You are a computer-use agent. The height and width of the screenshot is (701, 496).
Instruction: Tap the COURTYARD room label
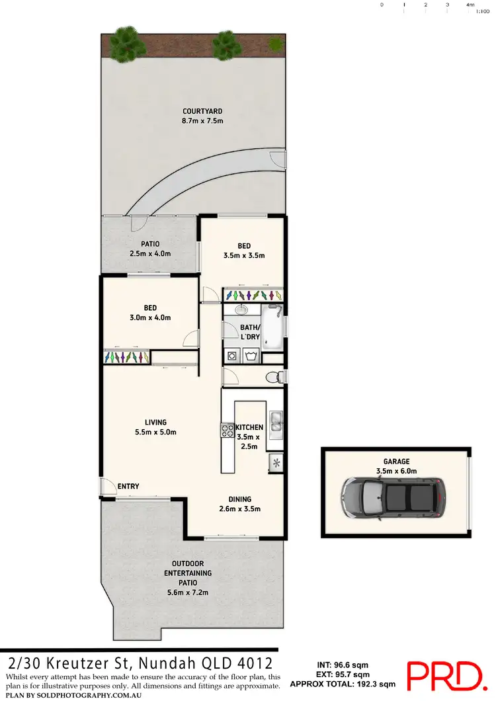click(193, 111)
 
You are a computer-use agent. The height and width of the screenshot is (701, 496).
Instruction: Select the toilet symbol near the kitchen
click(272, 377)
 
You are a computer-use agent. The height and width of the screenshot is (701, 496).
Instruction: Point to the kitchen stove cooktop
click(227, 430)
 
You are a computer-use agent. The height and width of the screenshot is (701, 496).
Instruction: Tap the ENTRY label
click(128, 487)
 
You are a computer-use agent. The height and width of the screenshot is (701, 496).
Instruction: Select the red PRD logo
click(444, 675)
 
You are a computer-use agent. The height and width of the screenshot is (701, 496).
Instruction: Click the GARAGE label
click(396, 462)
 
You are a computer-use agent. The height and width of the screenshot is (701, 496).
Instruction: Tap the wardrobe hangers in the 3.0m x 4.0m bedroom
click(126, 357)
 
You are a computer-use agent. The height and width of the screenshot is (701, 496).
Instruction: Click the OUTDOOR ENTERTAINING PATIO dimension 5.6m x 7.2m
click(188, 593)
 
